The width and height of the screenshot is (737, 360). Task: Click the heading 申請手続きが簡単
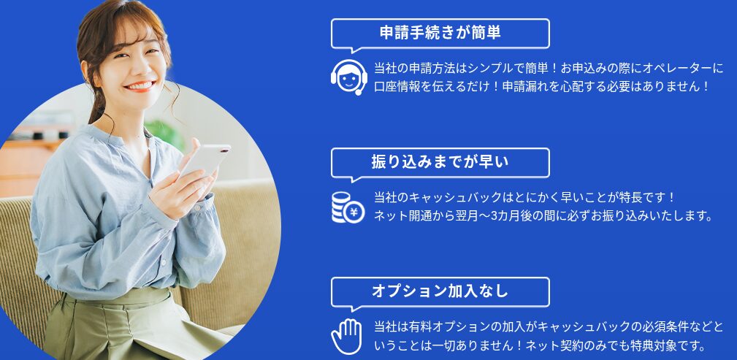440,33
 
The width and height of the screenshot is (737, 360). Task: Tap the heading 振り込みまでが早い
440,162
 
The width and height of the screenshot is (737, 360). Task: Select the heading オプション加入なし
440,291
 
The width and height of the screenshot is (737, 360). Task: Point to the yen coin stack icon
348,207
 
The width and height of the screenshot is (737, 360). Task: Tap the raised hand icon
347,337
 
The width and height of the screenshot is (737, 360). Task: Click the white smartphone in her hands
205,161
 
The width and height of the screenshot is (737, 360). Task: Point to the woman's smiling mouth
140,86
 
